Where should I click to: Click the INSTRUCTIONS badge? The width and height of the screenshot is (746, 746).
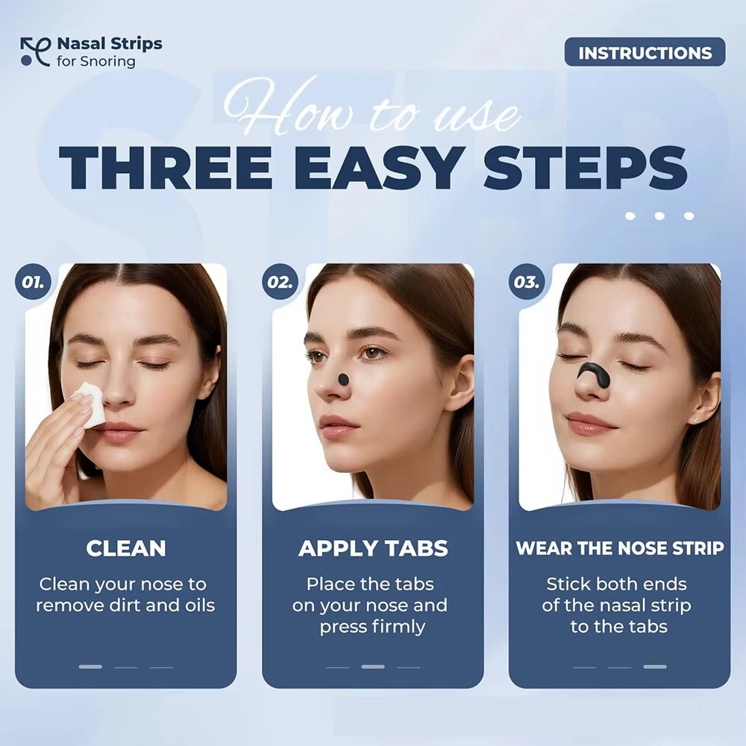[645, 52]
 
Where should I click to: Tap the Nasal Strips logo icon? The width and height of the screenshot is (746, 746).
[34, 51]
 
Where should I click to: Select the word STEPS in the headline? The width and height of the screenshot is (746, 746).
[585, 168]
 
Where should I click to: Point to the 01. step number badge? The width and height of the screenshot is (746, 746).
[32, 283]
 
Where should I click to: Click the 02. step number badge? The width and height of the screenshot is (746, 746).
[280, 283]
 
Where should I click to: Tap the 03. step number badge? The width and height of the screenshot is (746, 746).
[527, 283]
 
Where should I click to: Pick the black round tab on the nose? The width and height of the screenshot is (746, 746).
[343, 379]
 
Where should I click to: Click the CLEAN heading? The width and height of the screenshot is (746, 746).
[125, 548]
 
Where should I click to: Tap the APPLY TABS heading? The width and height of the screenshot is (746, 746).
[373, 548]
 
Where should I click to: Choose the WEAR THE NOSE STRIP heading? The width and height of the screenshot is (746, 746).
[619, 548]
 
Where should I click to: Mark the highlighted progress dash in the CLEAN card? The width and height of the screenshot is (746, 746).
[90, 666]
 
